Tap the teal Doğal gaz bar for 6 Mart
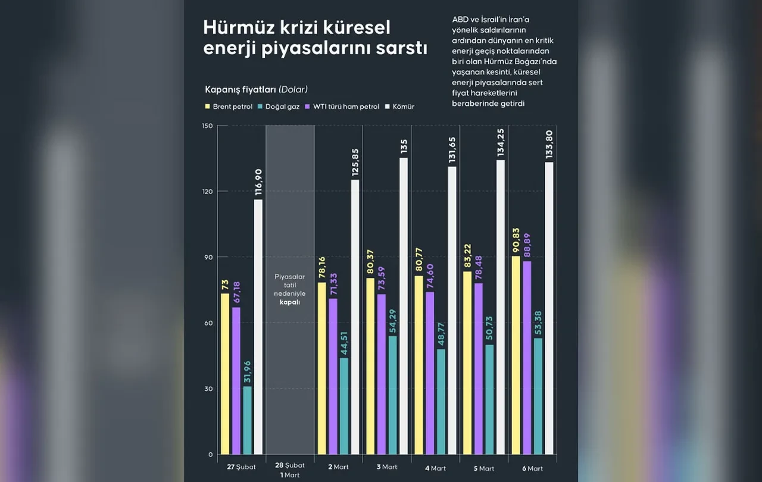point(538,396)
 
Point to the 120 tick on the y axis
point(207,192)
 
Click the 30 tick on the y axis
point(208,389)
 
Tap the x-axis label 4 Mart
point(435,468)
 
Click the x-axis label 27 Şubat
point(241,467)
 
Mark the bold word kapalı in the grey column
point(289,302)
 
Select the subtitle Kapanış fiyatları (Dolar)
point(256,90)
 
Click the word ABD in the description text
point(460,20)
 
